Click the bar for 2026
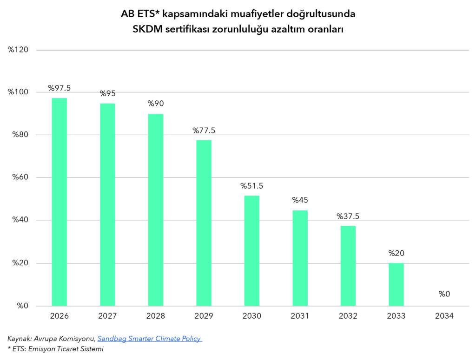[x=59, y=202]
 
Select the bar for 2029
[x=204, y=223]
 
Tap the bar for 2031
[x=300, y=258]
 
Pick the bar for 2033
[x=396, y=284]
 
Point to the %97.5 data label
[x=59, y=88]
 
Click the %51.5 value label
[x=251, y=186]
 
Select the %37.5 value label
[x=348, y=216]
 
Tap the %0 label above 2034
[x=444, y=294]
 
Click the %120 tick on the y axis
[x=19, y=49]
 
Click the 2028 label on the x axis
[x=155, y=316]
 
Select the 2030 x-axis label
[x=251, y=316]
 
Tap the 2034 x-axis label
[x=444, y=316]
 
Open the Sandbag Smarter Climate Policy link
[x=149, y=339]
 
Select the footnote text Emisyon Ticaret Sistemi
[x=65, y=349]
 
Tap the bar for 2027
[x=107, y=204]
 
